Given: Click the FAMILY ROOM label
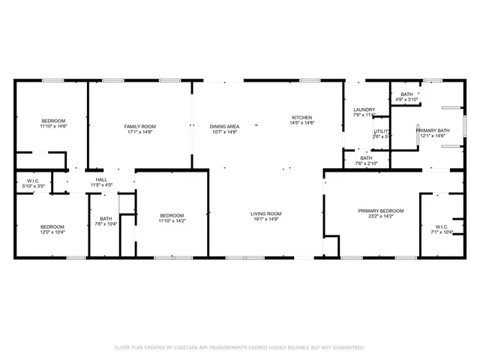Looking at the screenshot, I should pos(139,126).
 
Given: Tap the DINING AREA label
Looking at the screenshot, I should pos(224,126).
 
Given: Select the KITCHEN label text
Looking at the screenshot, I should pos(302,118).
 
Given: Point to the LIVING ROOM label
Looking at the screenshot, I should pos(266,214).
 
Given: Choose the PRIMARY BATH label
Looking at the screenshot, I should pos(433,130).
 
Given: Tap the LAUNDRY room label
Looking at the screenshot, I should pos(364,110).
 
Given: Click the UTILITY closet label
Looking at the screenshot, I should pos(382,131).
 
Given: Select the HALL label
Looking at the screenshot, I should pos(101,179).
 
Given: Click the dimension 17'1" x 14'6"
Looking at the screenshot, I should pos(139,132).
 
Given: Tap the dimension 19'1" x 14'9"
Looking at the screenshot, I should pos(266,220).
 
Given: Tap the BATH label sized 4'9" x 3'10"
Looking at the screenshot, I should pos(406,94).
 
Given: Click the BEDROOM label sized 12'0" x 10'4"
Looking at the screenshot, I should pos(52,226).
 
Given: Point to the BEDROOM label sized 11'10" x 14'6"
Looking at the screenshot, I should pos(53,121).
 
